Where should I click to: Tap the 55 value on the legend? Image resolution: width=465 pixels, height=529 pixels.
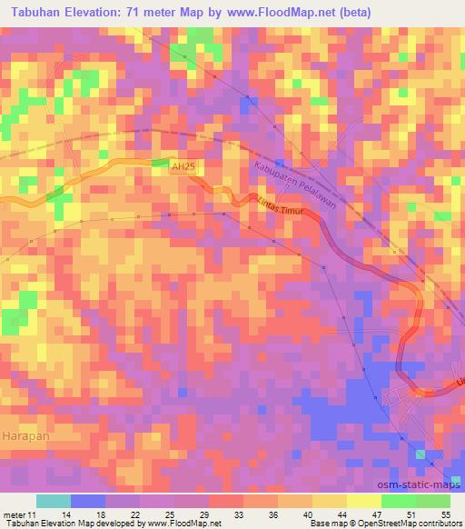[446, 514]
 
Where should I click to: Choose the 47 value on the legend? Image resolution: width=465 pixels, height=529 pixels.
[378, 514]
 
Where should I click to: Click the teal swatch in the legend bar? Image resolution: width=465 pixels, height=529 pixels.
[52, 501]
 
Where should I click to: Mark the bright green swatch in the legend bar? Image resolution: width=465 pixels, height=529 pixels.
[398, 501]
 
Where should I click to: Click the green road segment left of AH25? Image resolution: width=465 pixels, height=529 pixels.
[160, 163]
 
